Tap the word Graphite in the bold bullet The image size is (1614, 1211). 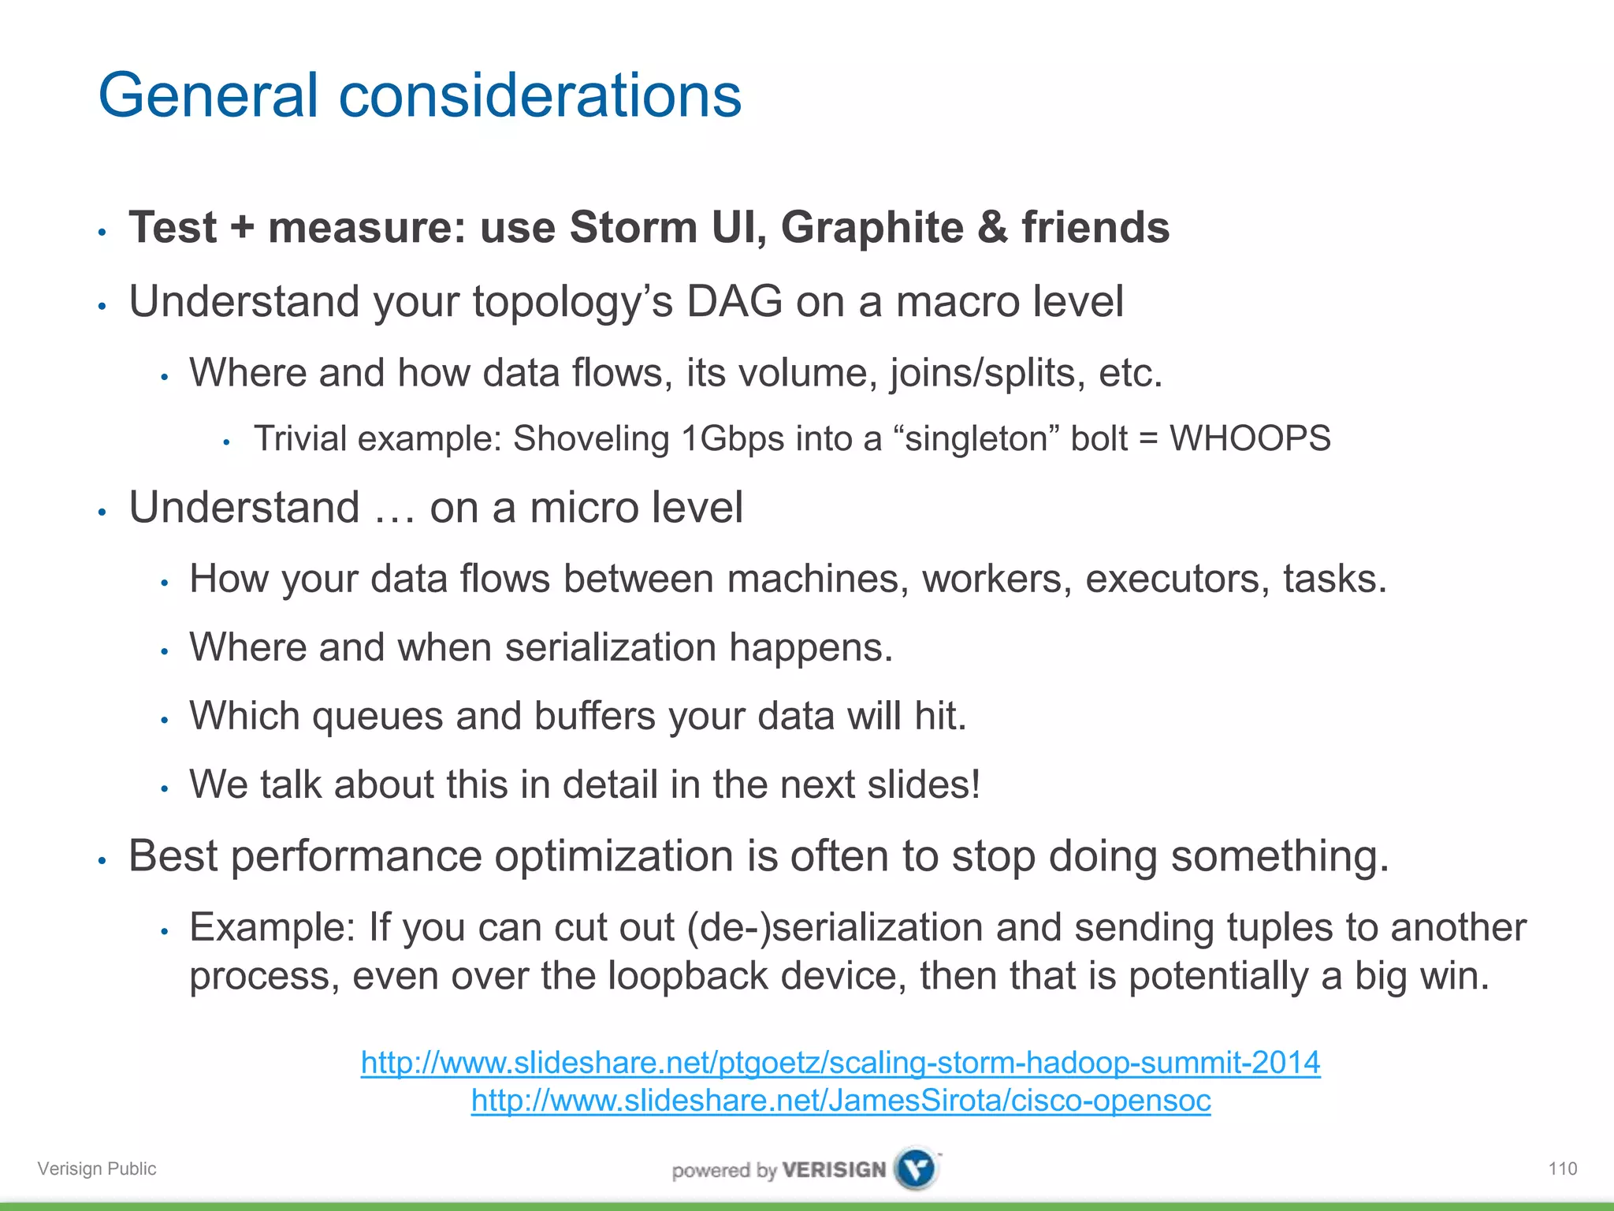pyautogui.click(x=872, y=229)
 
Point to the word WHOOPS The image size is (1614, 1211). pyautogui.click(x=1250, y=438)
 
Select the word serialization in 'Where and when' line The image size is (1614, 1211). pyautogui.click(x=610, y=647)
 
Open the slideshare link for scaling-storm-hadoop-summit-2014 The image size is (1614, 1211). pyautogui.click(x=840, y=1063)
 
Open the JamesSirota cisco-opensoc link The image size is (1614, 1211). pyautogui.click(x=840, y=1101)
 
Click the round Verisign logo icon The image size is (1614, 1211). pyautogui.click(x=917, y=1168)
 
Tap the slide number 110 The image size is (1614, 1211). pyautogui.click(x=1562, y=1168)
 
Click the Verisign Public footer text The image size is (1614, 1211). pyautogui.click(x=97, y=1168)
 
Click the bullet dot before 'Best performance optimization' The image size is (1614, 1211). pyautogui.click(x=102, y=861)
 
